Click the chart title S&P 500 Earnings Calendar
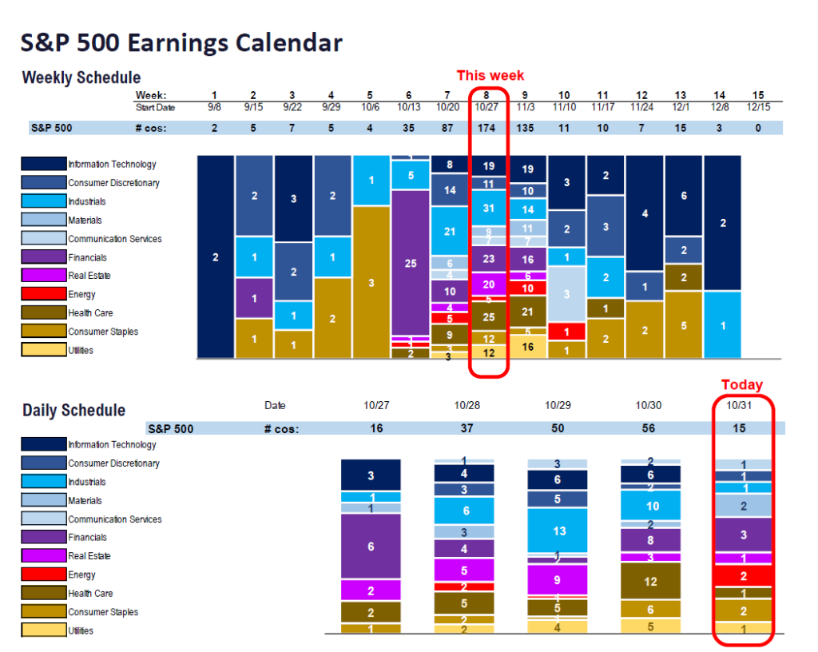tap(182, 42)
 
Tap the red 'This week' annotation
tap(490, 75)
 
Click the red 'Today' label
tap(741, 385)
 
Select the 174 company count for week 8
tap(488, 128)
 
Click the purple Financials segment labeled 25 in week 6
tap(411, 263)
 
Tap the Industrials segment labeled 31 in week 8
tap(489, 209)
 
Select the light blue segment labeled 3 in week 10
tap(566, 294)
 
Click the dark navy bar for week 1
tap(215, 256)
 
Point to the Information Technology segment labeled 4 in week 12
tap(645, 213)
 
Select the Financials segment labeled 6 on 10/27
tap(370, 547)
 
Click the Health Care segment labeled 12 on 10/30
tap(650, 581)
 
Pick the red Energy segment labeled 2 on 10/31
tap(744, 575)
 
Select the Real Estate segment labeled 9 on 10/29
tap(558, 580)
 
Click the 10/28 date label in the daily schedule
tap(467, 406)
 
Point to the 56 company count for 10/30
tap(648, 428)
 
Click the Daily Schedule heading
tap(73, 411)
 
